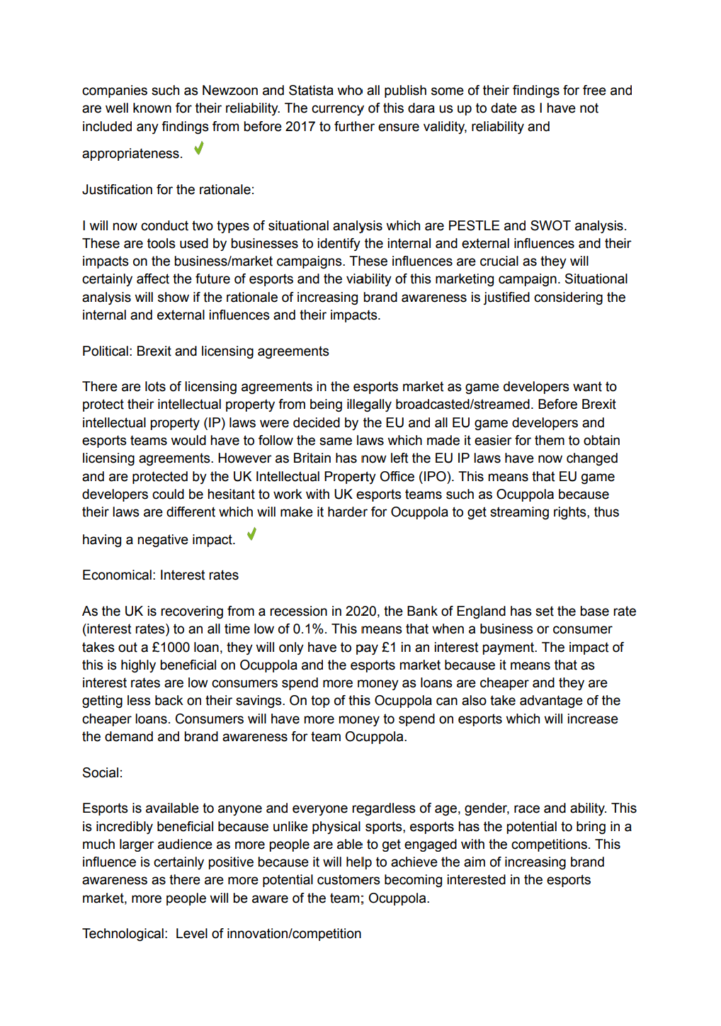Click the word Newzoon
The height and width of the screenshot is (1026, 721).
pyautogui.click(x=230, y=91)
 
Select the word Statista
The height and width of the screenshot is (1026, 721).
pyautogui.click(x=311, y=91)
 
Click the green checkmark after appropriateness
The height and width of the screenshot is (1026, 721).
pyautogui.click(x=199, y=148)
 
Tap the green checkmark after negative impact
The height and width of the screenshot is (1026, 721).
pyautogui.click(x=251, y=534)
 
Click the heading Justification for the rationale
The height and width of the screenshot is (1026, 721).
pyautogui.click(x=168, y=190)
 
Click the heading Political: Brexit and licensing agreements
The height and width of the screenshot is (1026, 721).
pyautogui.click(x=205, y=351)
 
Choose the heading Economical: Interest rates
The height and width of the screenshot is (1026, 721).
pyautogui.click(x=160, y=575)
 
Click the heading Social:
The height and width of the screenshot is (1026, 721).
pyautogui.click(x=102, y=773)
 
